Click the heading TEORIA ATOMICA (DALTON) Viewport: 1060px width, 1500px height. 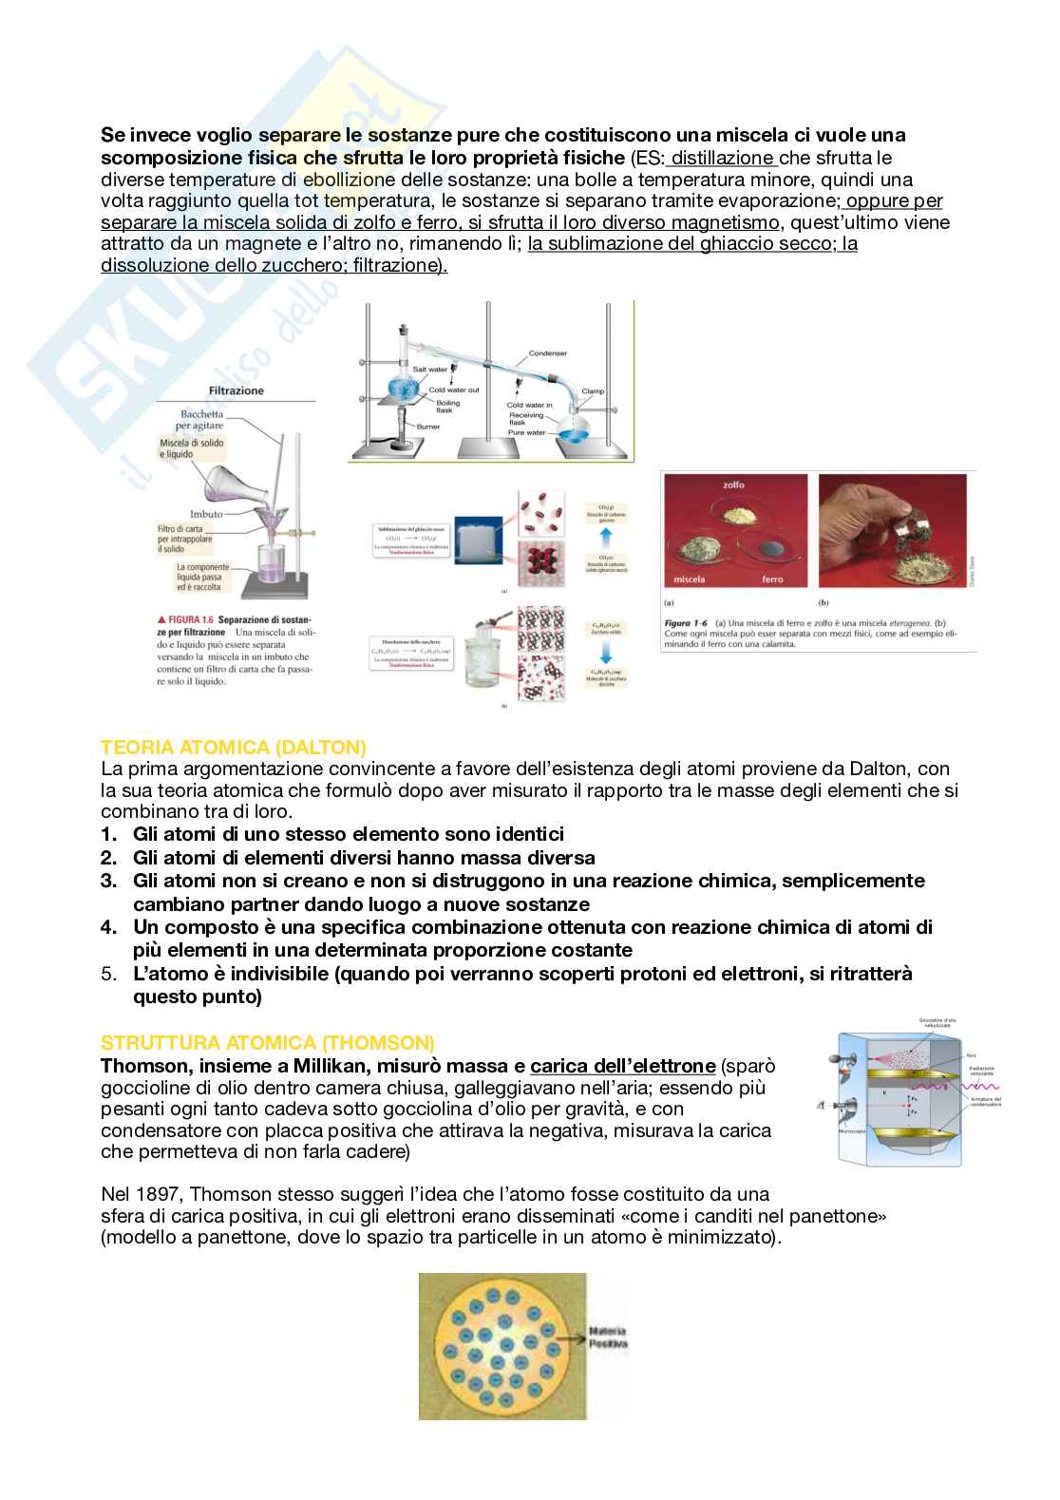(233, 747)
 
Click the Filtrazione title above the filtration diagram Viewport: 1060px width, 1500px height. (237, 390)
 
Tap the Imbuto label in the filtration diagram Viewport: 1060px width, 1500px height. (205, 514)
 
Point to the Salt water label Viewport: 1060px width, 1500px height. (429, 370)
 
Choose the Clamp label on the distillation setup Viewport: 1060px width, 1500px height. (593, 391)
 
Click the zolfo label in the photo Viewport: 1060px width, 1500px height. (733, 484)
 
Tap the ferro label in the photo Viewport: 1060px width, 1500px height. (772, 579)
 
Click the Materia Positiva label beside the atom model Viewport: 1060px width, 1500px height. (608, 1337)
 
